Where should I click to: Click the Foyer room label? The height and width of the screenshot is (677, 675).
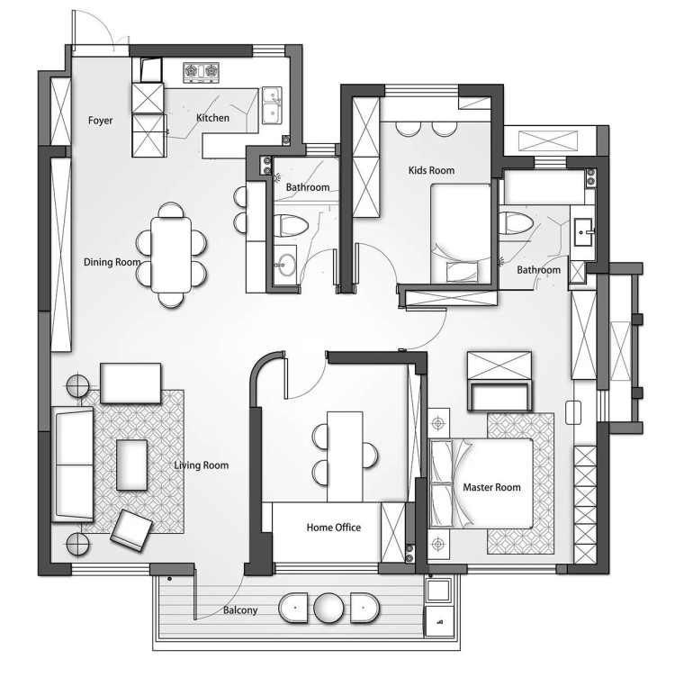pyautogui.click(x=100, y=121)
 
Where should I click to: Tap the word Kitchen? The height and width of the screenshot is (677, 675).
pyautogui.click(x=212, y=117)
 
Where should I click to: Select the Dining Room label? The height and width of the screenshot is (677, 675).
pyautogui.click(x=112, y=262)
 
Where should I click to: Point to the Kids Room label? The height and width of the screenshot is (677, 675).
pyautogui.click(x=431, y=170)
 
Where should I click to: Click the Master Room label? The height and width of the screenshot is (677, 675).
pyautogui.click(x=491, y=487)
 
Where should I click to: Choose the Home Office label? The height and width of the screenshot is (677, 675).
pyautogui.click(x=334, y=528)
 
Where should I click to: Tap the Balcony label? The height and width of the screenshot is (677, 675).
pyautogui.click(x=240, y=610)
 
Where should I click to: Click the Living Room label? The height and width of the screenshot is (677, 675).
pyautogui.click(x=201, y=465)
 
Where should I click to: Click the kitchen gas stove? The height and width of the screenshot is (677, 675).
pyautogui.click(x=201, y=72)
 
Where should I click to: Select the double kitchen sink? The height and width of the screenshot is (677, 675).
pyautogui.click(x=272, y=105)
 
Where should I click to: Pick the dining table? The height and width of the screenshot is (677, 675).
pyautogui.click(x=171, y=255)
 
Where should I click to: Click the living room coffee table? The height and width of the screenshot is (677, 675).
pyautogui.click(x=131, y=465)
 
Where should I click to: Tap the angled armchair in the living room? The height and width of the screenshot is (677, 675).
pyautogui.click(x=131, y=530)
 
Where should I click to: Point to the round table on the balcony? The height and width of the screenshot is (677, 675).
pyautogui.click(x=328, y=608)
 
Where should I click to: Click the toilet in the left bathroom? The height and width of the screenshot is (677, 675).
pyautogui.click(x=292, y=225)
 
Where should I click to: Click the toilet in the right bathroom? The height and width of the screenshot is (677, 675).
pyautogui.click(x=517, y=223)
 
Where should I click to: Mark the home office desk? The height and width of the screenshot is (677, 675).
pyautogui.click(x=345, y=456)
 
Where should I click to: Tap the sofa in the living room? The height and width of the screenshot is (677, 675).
pyautogui.click(x=73, y=465)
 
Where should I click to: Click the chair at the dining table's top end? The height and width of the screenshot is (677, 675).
pyautogui.click(x=171, y=211)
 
